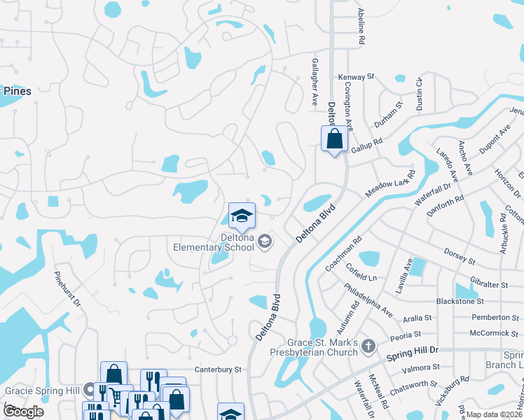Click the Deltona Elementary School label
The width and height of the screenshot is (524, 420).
point(214,241)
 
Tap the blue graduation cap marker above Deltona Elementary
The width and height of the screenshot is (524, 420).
point(242,215)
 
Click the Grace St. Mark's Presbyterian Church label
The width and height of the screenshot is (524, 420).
point(323,347)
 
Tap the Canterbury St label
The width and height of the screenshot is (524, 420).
point(218,369)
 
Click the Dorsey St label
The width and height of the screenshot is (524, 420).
point(460,256)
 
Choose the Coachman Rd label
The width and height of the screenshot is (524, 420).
point(343,253)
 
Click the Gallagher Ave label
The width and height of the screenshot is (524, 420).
point(315,81)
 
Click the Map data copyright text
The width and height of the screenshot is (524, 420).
point(495,414)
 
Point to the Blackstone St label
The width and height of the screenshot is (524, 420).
point(460,301)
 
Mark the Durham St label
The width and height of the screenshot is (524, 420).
point(388,114)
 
